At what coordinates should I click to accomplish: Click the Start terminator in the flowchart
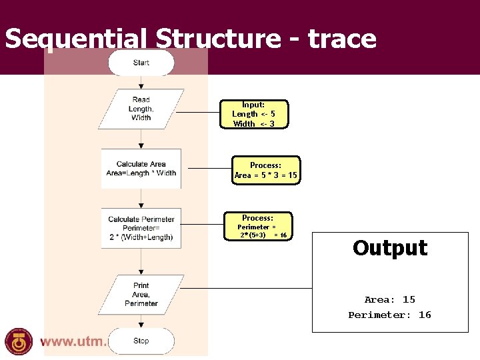click(x=141, y=63)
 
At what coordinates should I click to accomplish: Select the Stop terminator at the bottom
click(x=141, y=341)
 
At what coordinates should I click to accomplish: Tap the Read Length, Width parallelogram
click(x=141, y=109)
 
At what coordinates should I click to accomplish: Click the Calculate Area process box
click(x=141, y=169)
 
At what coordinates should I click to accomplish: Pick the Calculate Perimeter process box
click(x=141, y=228)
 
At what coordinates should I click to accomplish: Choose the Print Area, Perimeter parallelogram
click(x=141, y=294)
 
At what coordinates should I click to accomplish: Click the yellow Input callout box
click(x=253, y=114)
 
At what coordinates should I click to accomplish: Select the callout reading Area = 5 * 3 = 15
click(x=266, y=171)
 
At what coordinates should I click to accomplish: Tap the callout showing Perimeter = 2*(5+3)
click(x=258, y=227)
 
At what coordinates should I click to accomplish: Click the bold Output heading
click(x=390, y=248)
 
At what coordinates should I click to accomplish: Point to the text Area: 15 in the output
click(x=390, y=299)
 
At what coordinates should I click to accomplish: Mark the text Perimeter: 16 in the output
click(x=390, y=315)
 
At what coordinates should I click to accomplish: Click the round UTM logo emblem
click(x=19, y=341)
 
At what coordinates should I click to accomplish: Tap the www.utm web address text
click(x=73, y=341)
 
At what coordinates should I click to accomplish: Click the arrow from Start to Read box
click(x=141, y=82)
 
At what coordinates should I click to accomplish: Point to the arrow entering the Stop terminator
click(x=141, y=320)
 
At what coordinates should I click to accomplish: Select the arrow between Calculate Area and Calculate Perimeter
click(x=141, y=199)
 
